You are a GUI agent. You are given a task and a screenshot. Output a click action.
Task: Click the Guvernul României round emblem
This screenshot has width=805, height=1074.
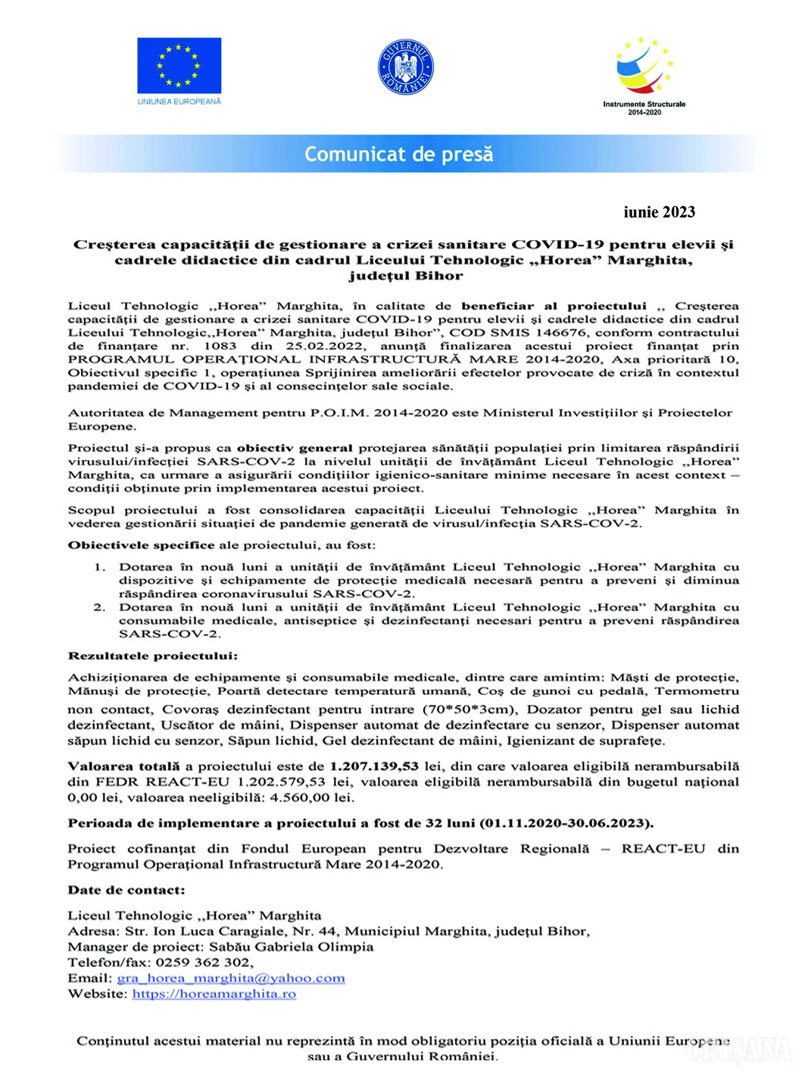(x=405, y=67)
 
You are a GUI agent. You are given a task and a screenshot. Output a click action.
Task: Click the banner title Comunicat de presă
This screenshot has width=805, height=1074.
(x=398, y=155)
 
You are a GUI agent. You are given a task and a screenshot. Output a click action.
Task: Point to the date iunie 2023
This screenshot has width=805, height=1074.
(x=659, y=212)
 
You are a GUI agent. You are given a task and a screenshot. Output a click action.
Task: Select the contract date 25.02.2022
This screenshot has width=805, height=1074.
(x=326, y=346)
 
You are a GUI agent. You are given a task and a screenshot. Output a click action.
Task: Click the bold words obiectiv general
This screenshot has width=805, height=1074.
(x=295, y=448)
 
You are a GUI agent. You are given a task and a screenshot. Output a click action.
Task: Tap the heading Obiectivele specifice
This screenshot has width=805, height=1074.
(x=142, y=545)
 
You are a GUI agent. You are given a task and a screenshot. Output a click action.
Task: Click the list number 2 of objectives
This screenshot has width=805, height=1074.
(x=99, y=607)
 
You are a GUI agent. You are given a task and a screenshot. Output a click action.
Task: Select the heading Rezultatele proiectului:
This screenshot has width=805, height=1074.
(x=153, y=656)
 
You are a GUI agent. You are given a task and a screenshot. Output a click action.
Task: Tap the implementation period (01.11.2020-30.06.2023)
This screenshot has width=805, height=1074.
(x=566, y=823)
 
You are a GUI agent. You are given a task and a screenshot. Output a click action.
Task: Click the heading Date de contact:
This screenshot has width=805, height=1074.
(x=126, y=890)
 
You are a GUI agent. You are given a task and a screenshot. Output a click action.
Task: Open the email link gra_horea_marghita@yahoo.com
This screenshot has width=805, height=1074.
(x=231, y=978)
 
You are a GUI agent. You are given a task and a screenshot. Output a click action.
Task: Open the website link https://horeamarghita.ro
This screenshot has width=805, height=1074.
(x=214, y=994)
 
